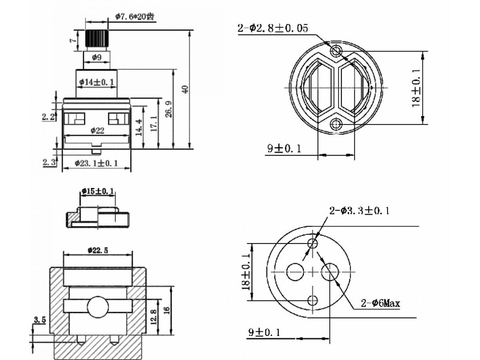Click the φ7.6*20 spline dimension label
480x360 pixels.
[x=134, y=16]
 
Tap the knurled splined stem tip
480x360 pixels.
[x=97, y=38]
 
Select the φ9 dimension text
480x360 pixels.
[x=97, y=58]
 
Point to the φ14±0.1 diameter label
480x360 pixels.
[x=97, y=82]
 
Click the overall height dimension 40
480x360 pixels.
[x=185, y=89]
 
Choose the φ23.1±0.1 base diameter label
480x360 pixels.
[x=97, y=163]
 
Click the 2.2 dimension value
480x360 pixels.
[x=48, y=117]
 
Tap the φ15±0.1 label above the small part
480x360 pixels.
[x=98, y=191]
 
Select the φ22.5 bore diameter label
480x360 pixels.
[x=98, y=250]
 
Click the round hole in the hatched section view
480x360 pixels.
[x=98, y=306]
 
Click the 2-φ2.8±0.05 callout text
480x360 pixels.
[x=273, y=28]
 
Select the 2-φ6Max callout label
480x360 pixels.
[x=380, y=304]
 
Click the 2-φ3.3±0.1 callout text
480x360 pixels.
[x=359, y=210]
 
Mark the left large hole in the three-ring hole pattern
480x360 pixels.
[x=295, y=272]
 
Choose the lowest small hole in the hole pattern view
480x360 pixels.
[x=312, y=300]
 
